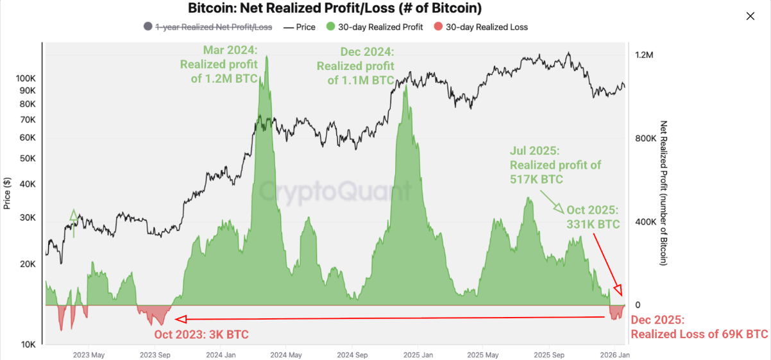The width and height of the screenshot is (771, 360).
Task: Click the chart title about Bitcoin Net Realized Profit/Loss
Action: pos(335,8)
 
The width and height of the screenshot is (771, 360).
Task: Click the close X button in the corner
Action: pos(750,17)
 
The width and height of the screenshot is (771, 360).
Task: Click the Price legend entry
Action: pos(300,27)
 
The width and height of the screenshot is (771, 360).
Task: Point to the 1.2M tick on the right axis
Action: pos(643,55)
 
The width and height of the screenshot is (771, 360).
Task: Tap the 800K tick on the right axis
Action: pos(645,139)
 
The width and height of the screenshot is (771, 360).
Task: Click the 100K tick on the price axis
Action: pos(26,78)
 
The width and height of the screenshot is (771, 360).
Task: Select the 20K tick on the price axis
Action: pos(28,264)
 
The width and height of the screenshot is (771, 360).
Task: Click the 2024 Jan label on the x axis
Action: pos(219,354)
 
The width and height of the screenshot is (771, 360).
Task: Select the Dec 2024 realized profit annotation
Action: pos(355,65)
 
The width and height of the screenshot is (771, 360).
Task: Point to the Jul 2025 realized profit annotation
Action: pos(555,165)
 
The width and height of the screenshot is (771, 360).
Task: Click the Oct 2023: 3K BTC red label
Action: pos(201,334)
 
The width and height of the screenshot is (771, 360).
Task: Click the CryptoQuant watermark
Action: pos(335,191)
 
